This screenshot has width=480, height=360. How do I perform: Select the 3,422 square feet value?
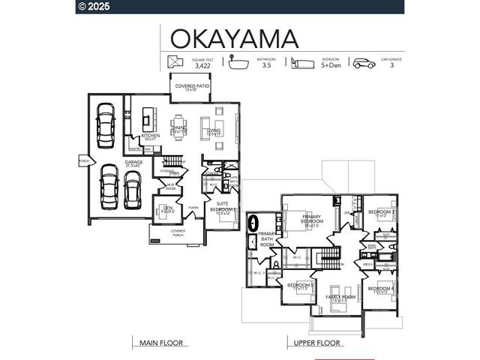click(202, 66)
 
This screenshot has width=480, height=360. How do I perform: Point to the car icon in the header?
click(364, 63)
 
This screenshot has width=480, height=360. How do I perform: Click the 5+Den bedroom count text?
click(330, 66)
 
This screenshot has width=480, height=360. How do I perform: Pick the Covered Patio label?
click(192, 87)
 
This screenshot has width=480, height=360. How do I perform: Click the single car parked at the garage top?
click(105, 121)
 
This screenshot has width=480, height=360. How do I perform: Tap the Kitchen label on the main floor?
click(151, 136)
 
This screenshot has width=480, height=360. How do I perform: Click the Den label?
click(168, 208)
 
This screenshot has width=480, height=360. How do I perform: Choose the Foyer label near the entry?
click(193, 208)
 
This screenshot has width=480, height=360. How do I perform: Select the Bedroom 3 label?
click(382, 213)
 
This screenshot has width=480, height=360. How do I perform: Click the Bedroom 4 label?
click(381, 290)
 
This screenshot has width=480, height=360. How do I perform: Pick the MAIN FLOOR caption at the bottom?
click(161, 343)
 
